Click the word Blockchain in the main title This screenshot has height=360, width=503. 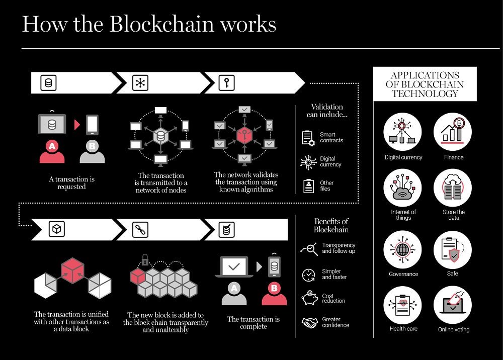click(x=161, y=24)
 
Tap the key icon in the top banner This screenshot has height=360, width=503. click(x=226, y=83)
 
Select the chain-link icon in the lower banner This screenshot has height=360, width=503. click(x=140, y=230)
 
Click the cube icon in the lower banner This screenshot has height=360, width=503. click(x=57, y=229)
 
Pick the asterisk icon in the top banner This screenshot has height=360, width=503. click(x=140, y=83)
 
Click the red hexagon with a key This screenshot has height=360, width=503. click(x=244, y=135)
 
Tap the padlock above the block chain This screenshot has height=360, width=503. click(x=145, y=259)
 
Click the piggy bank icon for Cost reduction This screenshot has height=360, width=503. click(x=309, y=298)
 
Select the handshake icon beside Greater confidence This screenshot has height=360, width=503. click(x=309, y=322)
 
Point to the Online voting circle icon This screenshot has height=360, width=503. click(x=453, y=305)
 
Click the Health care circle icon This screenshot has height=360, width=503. click(x=402, y=305)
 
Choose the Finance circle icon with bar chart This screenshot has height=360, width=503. click(x=453, y=131)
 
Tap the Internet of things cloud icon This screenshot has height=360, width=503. click(x=402, y=188)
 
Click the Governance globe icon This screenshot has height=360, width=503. click(x=402, y=249)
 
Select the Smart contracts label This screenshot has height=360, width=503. click(x=331, y=138)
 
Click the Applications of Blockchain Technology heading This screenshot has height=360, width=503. click(x=425, y=84)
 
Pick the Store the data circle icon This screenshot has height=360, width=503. click(x=453, y=188)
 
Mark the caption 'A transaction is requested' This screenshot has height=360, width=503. click(x=71, y=183)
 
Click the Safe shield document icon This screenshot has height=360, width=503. click(x=453, y=249)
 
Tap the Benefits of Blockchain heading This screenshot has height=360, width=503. click(x=331, y=225)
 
